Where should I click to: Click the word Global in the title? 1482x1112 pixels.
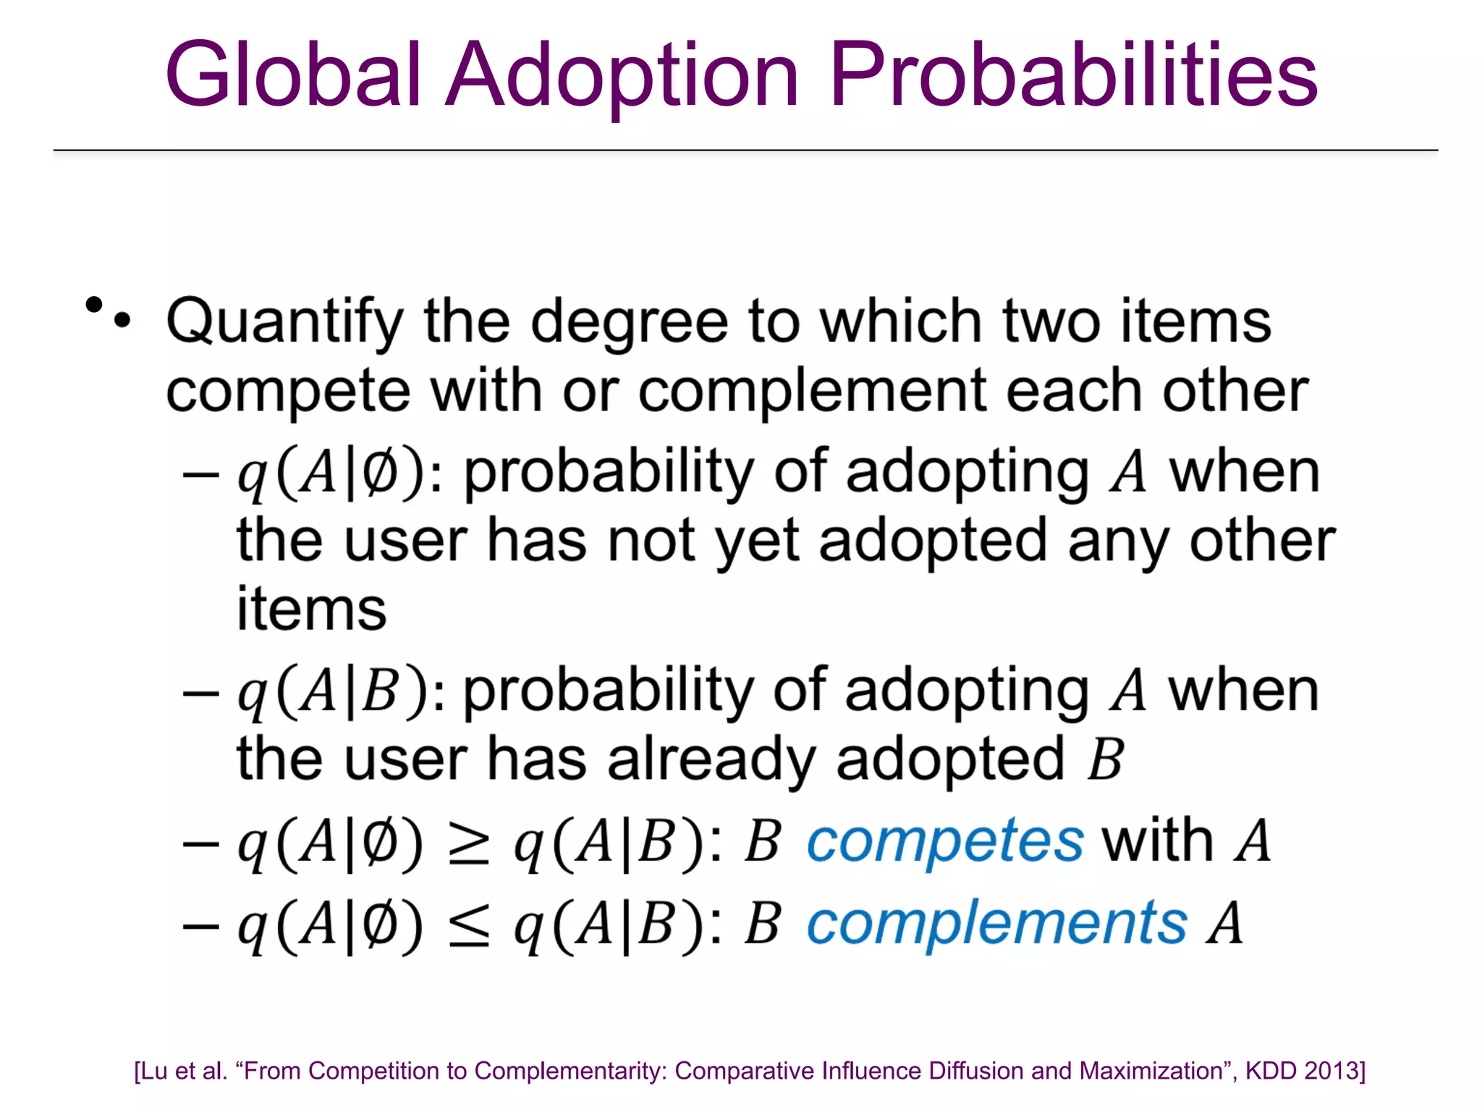point(292,75)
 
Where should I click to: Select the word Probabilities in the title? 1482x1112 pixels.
point(1074,75)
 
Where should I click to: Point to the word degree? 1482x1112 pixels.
point(629,323)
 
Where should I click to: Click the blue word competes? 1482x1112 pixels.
point(945,842)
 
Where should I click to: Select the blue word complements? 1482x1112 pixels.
point(996,924)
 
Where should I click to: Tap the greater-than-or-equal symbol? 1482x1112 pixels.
point(469,843)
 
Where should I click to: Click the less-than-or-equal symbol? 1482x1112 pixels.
point(469,926)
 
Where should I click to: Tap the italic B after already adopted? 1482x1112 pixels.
point(1105,760)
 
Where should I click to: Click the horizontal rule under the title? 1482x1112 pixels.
point(745,151)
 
